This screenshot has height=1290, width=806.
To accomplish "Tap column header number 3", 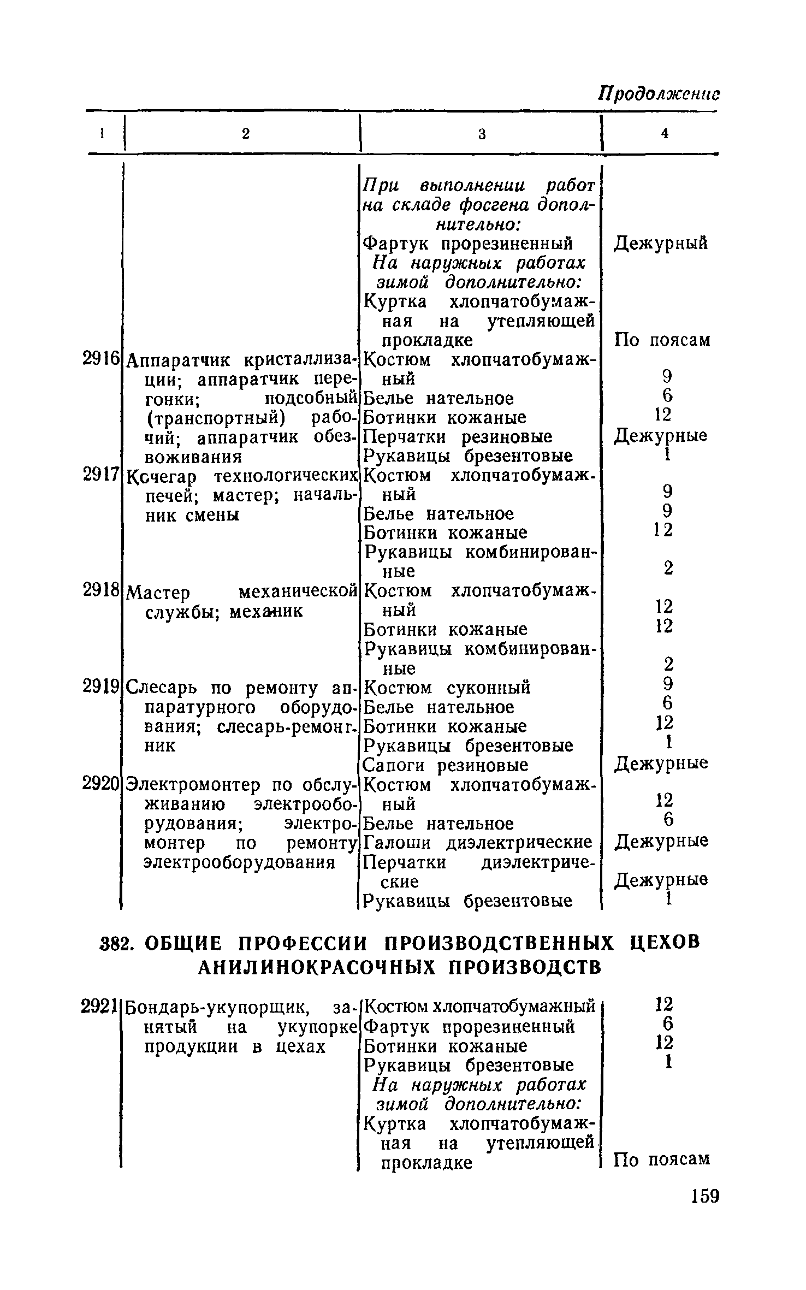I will point(482,134).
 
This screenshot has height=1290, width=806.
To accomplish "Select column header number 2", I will point(246,134).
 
